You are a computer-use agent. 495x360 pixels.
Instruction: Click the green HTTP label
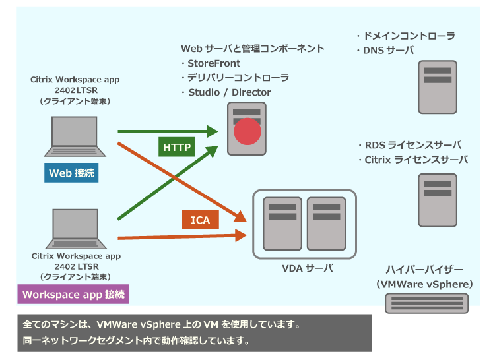178,146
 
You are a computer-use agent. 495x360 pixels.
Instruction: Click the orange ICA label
201,220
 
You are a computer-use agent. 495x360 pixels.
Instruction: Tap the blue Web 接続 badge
72,173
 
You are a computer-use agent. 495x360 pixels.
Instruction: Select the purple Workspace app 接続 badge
73,294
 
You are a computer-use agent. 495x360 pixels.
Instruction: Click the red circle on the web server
247,131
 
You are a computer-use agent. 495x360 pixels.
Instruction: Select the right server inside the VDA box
326,223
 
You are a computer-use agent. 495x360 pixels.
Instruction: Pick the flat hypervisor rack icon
427,303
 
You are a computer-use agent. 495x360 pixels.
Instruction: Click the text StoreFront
217,63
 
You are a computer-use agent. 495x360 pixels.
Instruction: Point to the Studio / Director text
229,92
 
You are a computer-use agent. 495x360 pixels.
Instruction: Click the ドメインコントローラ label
409,36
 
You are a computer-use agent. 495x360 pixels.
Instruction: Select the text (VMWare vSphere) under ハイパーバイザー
425,284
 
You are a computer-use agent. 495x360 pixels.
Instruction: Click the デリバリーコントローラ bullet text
238,78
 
